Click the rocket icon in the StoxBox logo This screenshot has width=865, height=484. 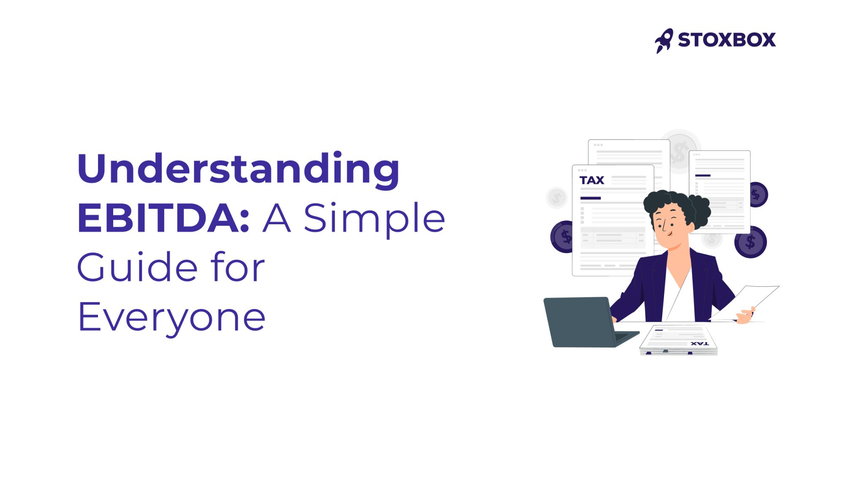pyautogui.click(x=664, y=41)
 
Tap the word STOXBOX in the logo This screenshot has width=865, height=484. pyautogui.click(x=726, y=40)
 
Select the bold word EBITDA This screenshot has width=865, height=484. pyautogui.click(x=163, y=218)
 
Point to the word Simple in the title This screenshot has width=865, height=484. pyautogui.click(x=374, y=218)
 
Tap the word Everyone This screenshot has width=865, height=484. pyautogui.click(x=171, y=318)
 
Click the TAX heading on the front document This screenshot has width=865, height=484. pyautogui.click(x=592, y=180)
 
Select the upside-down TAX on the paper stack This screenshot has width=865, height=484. pyautogui.click(x=700, y=343)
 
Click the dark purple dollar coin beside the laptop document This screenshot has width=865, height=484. pyautogui.click(x=562, y=237)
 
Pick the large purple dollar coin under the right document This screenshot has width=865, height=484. pyautogui.click(x=750, y=242)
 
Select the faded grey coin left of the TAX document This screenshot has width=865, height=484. pyautogui.click(x=556, y=198)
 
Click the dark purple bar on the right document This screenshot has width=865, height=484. pyautogui.click(x=703, y=175)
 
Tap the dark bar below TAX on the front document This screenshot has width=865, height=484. pyautogui.click(x=590, y=198)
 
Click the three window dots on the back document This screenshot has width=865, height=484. pyautogui.click(x=598, y=145)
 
